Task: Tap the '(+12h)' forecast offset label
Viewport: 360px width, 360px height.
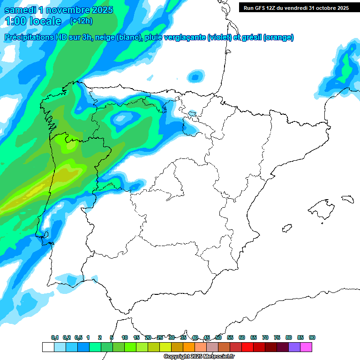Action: (x=81, y=21)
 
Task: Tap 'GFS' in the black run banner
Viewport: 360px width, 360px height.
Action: (x=264, y=8)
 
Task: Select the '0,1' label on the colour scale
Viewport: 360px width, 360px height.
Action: (x=55, y=337)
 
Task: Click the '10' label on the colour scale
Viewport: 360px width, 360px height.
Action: (x=125, y=337)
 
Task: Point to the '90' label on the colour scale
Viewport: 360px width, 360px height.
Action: (x=312, y=337)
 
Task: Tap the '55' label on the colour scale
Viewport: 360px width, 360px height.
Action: (x=230, y=337)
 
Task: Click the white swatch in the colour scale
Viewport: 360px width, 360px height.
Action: (x=48, y=347)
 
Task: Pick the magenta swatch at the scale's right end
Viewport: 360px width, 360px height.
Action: (x=306, y=347)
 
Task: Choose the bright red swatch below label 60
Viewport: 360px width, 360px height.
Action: (x=247, y=347)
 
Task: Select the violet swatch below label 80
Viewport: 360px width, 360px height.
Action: (x=294, y=347)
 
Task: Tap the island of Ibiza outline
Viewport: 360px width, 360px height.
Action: (x=285, y=228)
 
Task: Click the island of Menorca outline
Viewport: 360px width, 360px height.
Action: (x=347, y=199)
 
